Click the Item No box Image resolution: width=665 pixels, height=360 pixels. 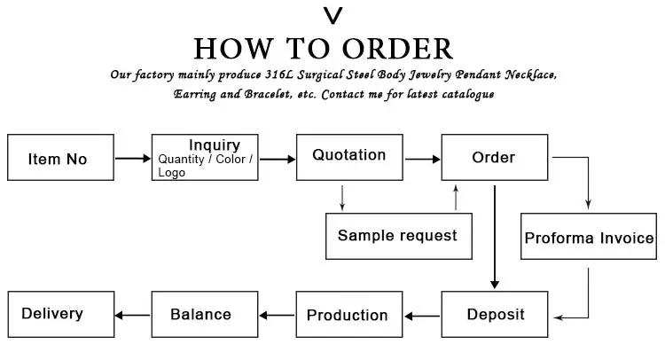[60, 157]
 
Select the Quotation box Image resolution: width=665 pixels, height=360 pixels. [349, 157]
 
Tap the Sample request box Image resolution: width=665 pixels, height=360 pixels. [399, 236]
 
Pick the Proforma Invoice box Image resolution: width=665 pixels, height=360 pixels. [589, 236]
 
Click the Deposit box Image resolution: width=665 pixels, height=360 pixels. [495, 314]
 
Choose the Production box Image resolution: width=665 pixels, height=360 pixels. [349, 314]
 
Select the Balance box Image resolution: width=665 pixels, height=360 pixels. [205, 314]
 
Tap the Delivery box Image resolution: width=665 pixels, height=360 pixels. [61, 314]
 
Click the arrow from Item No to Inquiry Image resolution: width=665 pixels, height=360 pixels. [133, 159]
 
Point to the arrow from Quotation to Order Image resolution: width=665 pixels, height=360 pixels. [423, 159]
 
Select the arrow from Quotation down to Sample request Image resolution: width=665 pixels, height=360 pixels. [342, 198]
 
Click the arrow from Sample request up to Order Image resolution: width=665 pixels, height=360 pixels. [456, 197]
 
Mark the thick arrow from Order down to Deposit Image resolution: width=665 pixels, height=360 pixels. [495, 238]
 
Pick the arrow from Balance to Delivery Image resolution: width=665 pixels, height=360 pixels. [132, 315]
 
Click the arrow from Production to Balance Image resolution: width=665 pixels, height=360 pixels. [277, 315]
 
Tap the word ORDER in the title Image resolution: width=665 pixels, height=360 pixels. [398, 49]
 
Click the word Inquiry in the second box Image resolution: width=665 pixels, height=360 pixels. [215, 145]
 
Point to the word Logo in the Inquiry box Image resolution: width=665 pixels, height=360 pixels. [172, 173]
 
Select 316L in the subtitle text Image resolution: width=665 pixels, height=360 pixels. [278, 74]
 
